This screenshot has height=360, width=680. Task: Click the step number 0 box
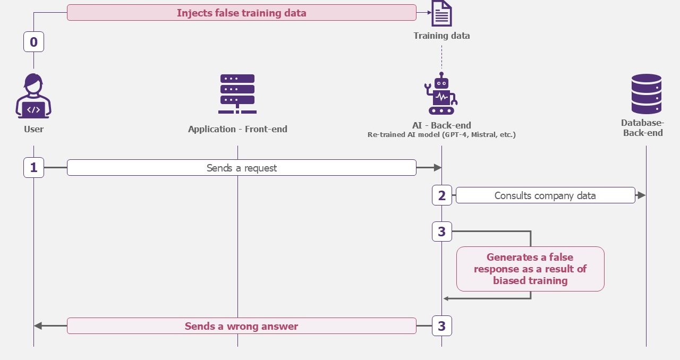click(x=33, y=41)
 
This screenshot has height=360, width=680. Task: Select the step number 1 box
click(x=33, y=168)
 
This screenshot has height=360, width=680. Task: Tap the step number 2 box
click(x=442, y=195)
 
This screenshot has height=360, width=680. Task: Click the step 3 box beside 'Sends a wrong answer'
click(x=442, y=326)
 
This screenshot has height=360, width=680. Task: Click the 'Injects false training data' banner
click(x=242, y=13)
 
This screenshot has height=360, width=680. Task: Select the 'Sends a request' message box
click(x=242, y=168)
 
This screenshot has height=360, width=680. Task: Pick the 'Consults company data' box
click(x=546, y=195)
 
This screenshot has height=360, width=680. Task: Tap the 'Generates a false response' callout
click(x=530, y=269)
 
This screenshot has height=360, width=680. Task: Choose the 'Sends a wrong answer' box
click(x=242, y=326)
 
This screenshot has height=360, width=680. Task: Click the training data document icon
click(x=441, y=13)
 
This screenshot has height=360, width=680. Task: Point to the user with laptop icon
click(x=33, y=96)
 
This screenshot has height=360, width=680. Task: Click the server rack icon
click(x=237, y=94)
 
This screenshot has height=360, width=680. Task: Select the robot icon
click(x=441, y=93)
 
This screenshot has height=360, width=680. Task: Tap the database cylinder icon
click(x=647, y=94)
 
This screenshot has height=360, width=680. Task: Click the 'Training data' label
click(x=441, y=36)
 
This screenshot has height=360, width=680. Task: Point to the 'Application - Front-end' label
click(x=237, y=129)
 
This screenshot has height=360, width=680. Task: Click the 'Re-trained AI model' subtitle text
click(x=441, y=134)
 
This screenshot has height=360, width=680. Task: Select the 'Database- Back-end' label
click(x=643, y=128)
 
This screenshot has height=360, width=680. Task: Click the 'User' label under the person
click(x=33, y=129)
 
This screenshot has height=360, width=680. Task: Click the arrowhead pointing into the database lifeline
click(x=642, y=195)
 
